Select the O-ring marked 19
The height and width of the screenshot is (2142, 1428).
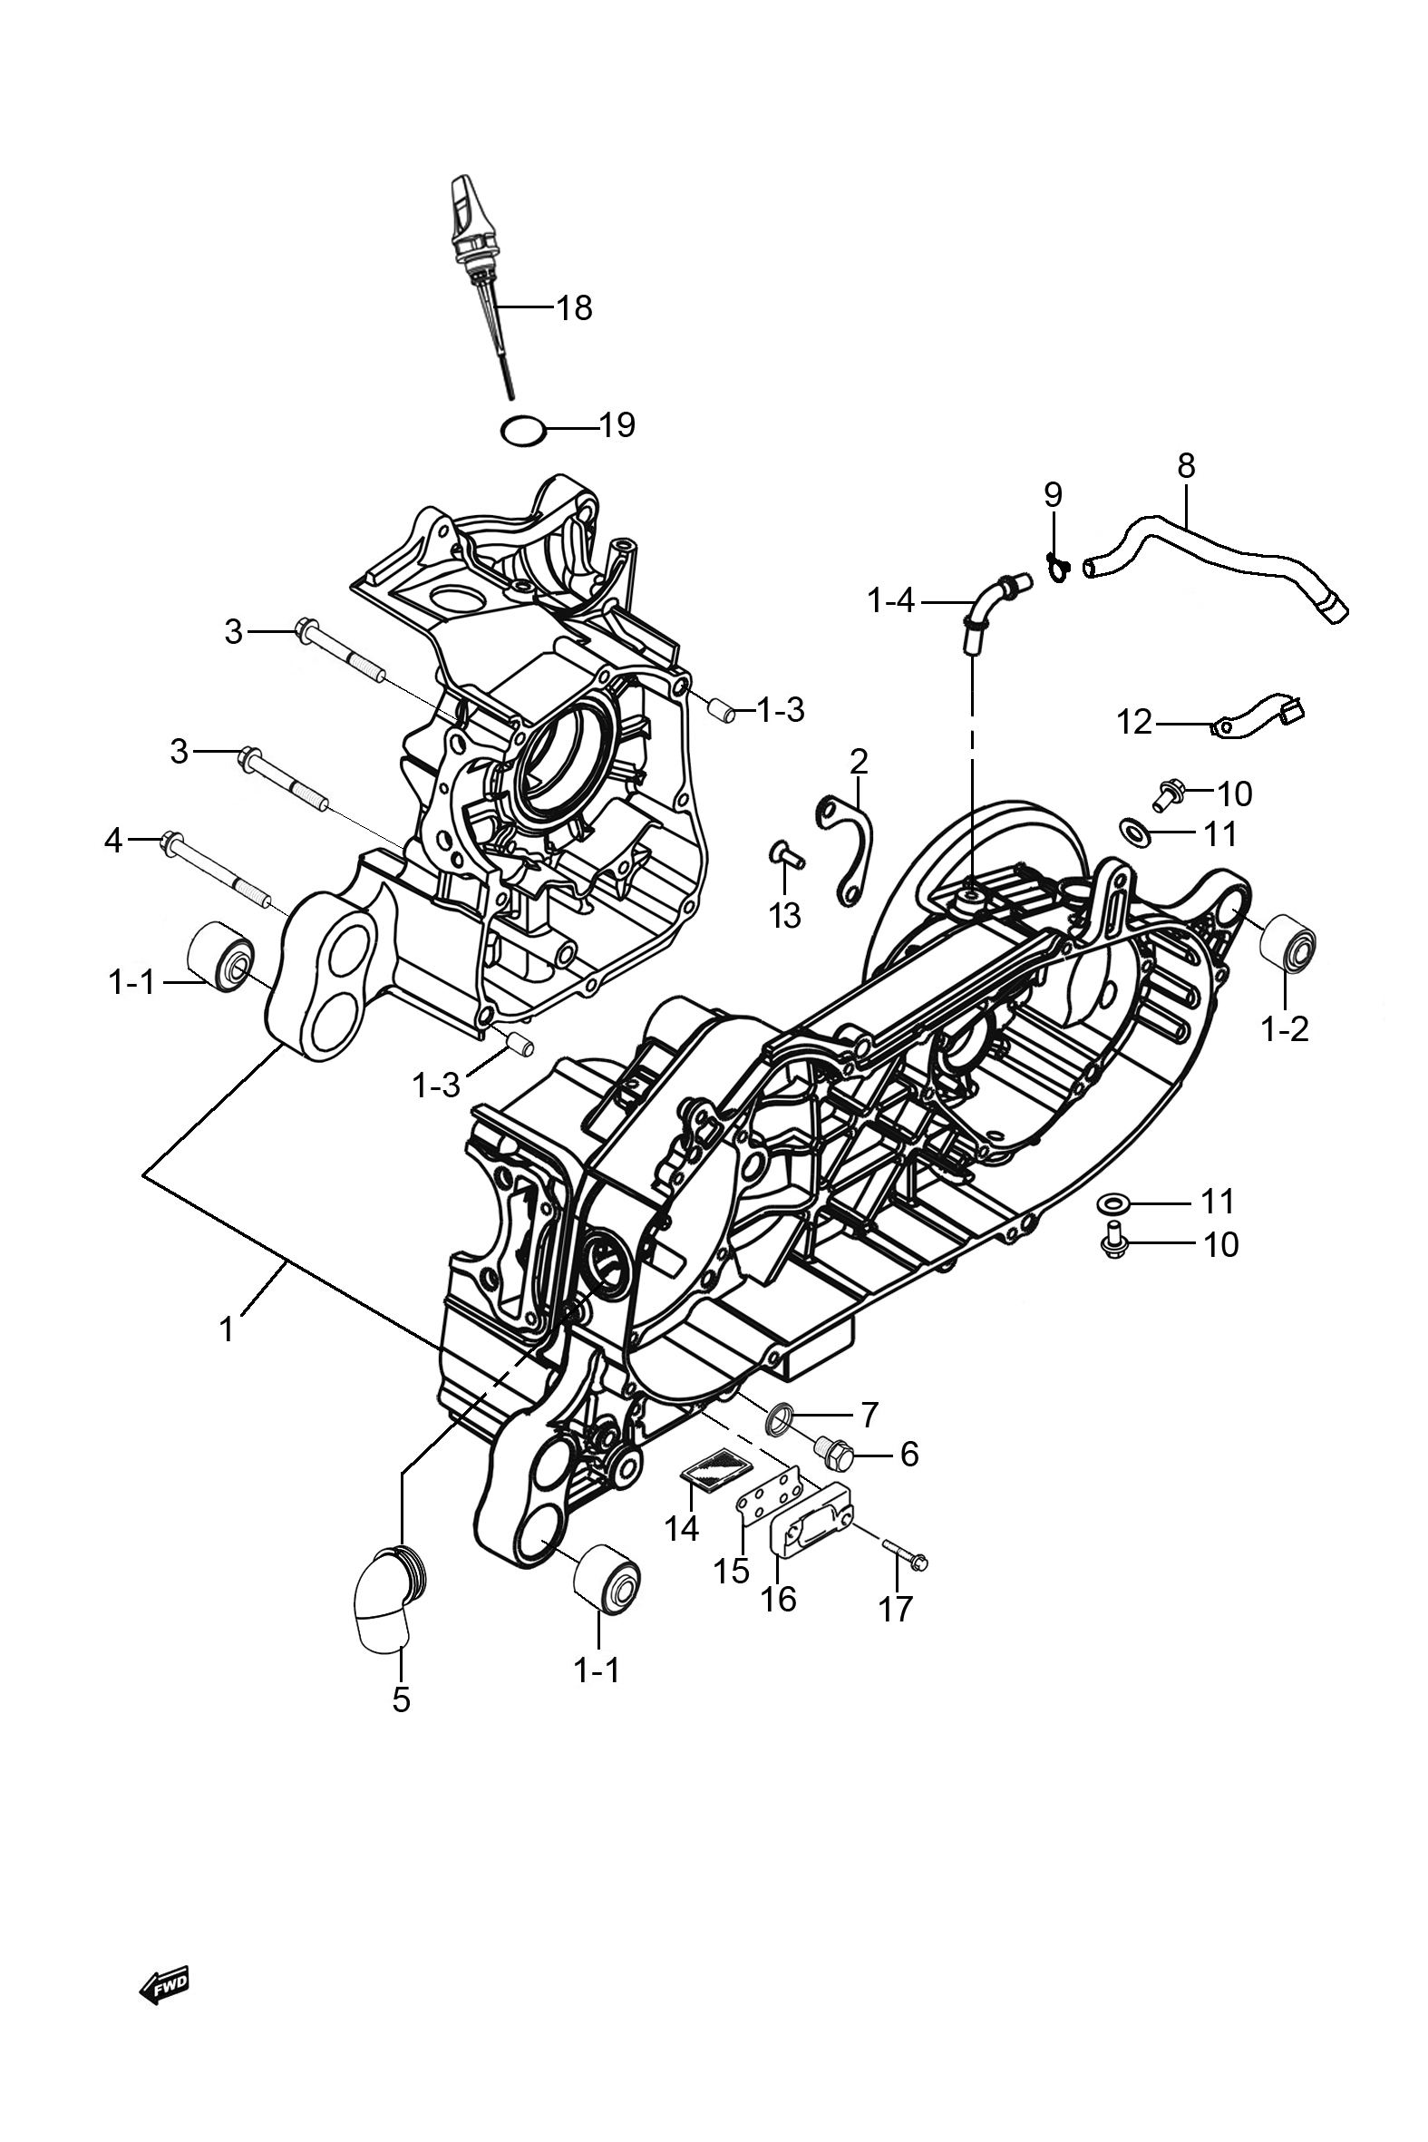point(524,429)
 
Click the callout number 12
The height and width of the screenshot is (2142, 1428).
point(1135,723)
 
